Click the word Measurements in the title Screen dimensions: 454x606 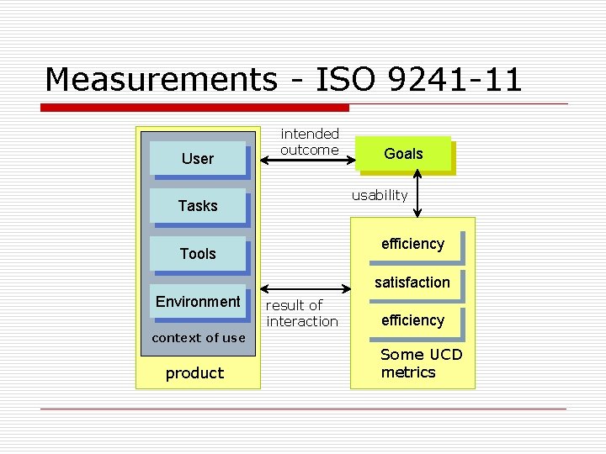(x=160, y=80)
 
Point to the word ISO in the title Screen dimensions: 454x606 (x=346, y=80)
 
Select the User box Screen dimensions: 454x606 (x=198, y=158)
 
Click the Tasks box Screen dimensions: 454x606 (x=198, y=206)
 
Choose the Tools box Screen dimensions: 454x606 (x=198, y=254)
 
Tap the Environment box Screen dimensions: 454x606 (x=198, y=302)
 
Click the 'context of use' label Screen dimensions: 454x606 (x=199, y=338)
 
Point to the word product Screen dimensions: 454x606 (x=194, y=373)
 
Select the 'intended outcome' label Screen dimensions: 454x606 (x=310, y=142)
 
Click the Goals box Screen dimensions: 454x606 (x=403, y=154)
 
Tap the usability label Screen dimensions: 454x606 (x=380, y=196)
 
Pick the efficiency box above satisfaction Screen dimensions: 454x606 (x=412, y=245)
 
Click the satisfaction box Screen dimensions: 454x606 (x=412, y=282)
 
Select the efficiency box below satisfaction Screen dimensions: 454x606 (x=412, y=320)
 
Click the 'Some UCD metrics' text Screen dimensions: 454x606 (x=421, y=363)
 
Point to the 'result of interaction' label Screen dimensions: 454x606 (x=302, y=314)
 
